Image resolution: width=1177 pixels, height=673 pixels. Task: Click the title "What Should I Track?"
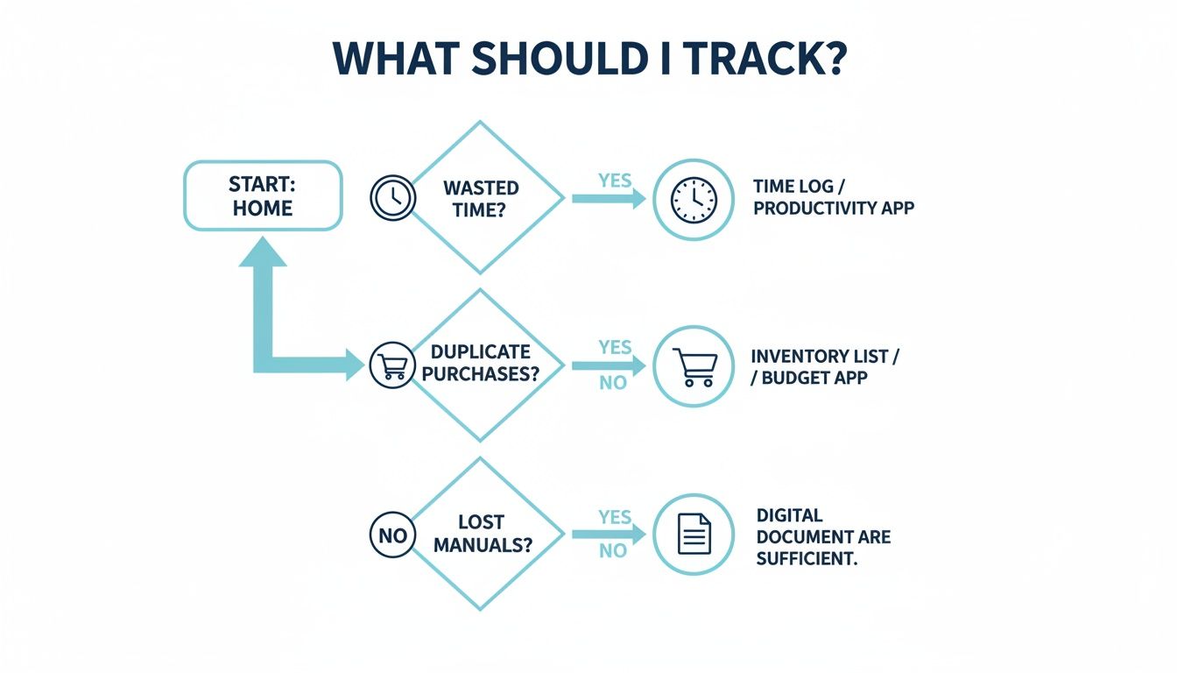pyautogui.click(x=588, y=58)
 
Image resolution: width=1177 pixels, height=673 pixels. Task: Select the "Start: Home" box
pyautogui.click(x=262, y=195)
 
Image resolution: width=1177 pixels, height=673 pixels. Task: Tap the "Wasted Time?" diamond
pyautogui.click(x=480, y=198)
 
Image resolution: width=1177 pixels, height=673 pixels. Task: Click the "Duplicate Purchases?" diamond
pyautogui.click(x=480, y=363)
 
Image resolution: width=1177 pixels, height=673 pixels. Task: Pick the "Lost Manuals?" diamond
pyautogui.click(x=480, y=534)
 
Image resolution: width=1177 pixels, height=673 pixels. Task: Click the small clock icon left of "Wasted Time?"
pyautogui.click(x=392, y=197)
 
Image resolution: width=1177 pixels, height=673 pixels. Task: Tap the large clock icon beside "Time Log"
pyautogui.click(x=694, y=199)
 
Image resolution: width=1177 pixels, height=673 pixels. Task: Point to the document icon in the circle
pyautogui.click(x=694, y=534)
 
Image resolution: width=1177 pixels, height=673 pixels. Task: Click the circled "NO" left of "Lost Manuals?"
pyautogui.click(x=392, y=534)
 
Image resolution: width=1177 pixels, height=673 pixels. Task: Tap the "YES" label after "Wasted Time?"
pyautogui.click(x=615, y=181)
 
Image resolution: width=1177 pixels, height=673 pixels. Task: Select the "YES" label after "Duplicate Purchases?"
pyautogui.click(x=615, y=347)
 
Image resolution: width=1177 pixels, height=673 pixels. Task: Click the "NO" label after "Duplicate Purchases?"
pyautogui.click(x=613, y=383)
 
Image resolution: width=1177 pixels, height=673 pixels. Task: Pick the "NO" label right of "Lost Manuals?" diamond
pyautogui.click(x=613, y=550)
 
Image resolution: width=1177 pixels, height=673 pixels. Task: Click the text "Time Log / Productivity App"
pyautogui.click(x=833, y=197)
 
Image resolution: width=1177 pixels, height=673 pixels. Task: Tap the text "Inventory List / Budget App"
pyautogui.click(x=825, y=367)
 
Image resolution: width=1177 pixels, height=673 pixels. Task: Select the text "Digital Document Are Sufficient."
pyautogui.click(x=823, y=536)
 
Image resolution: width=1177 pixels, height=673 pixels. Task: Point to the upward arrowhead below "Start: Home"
pyautogui.click(x=263, y=251)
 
